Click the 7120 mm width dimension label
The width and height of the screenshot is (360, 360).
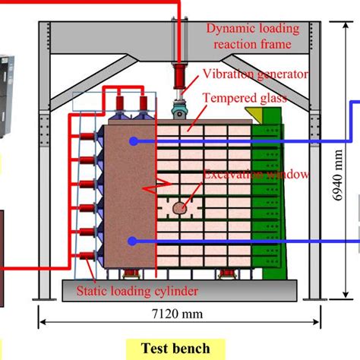coord(177,314)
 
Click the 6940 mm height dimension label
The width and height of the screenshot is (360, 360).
coord(338,175)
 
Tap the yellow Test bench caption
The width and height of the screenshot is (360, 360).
coord(175,349)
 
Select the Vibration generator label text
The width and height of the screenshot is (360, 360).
coord(256,74)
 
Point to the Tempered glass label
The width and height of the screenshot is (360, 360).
coord(245,98)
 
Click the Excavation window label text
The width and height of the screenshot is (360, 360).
coord(256,175)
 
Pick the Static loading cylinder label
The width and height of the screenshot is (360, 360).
coord(137,291)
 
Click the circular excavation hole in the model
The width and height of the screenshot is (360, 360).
coord(180,208)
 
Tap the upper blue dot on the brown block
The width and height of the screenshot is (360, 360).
coord(134,141)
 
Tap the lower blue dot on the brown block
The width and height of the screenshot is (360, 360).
coord(131,242)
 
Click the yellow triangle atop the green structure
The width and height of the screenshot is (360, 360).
coord(254,113)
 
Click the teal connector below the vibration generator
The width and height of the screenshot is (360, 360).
coord(179,110)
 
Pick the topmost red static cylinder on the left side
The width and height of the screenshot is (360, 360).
coord(87,137)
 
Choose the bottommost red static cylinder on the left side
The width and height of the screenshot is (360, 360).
coord(87,256)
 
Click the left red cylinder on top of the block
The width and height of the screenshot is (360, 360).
coord(120,103)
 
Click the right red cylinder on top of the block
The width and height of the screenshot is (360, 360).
coord(144,103)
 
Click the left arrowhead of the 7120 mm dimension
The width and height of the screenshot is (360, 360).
coord(43,322)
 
